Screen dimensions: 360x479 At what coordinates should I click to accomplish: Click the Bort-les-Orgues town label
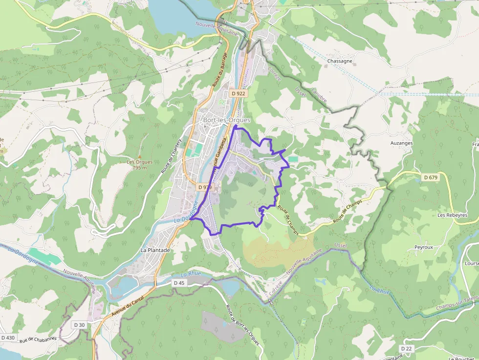pyautogui.click(x=226, y=120)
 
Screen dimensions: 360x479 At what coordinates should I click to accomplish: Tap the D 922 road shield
pyautogui.click(x=238, y=93)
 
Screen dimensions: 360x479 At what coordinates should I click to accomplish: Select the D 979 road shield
pyautogui.click(x=205, y=187)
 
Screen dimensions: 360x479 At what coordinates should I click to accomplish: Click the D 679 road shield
pyautogui.click(x=431, y=177)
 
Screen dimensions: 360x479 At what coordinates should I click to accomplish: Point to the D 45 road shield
pyautogui.click(x=179, y=283)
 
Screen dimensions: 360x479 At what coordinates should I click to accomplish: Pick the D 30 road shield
pyautogui.click(x=79, y=325)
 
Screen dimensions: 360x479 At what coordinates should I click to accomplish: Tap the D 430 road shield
pyautogui.click(x=8, y=338)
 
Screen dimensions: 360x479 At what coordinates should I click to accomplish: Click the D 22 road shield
pyautogui.click(x=407, y=348)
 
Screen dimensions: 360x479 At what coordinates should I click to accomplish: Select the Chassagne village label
pyautogui.click(x=340, y=61)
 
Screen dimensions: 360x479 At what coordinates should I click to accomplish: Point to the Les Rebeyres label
pyautogui.click(x=452, y=215)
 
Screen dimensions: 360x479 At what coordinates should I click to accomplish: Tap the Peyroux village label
pyautogui.click(x=424, y=247)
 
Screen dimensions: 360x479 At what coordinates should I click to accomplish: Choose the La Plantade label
pyautogui.click(x=155, y=250)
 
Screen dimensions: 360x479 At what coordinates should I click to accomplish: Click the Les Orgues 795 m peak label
pyautogui.click(x=140, y=165)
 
